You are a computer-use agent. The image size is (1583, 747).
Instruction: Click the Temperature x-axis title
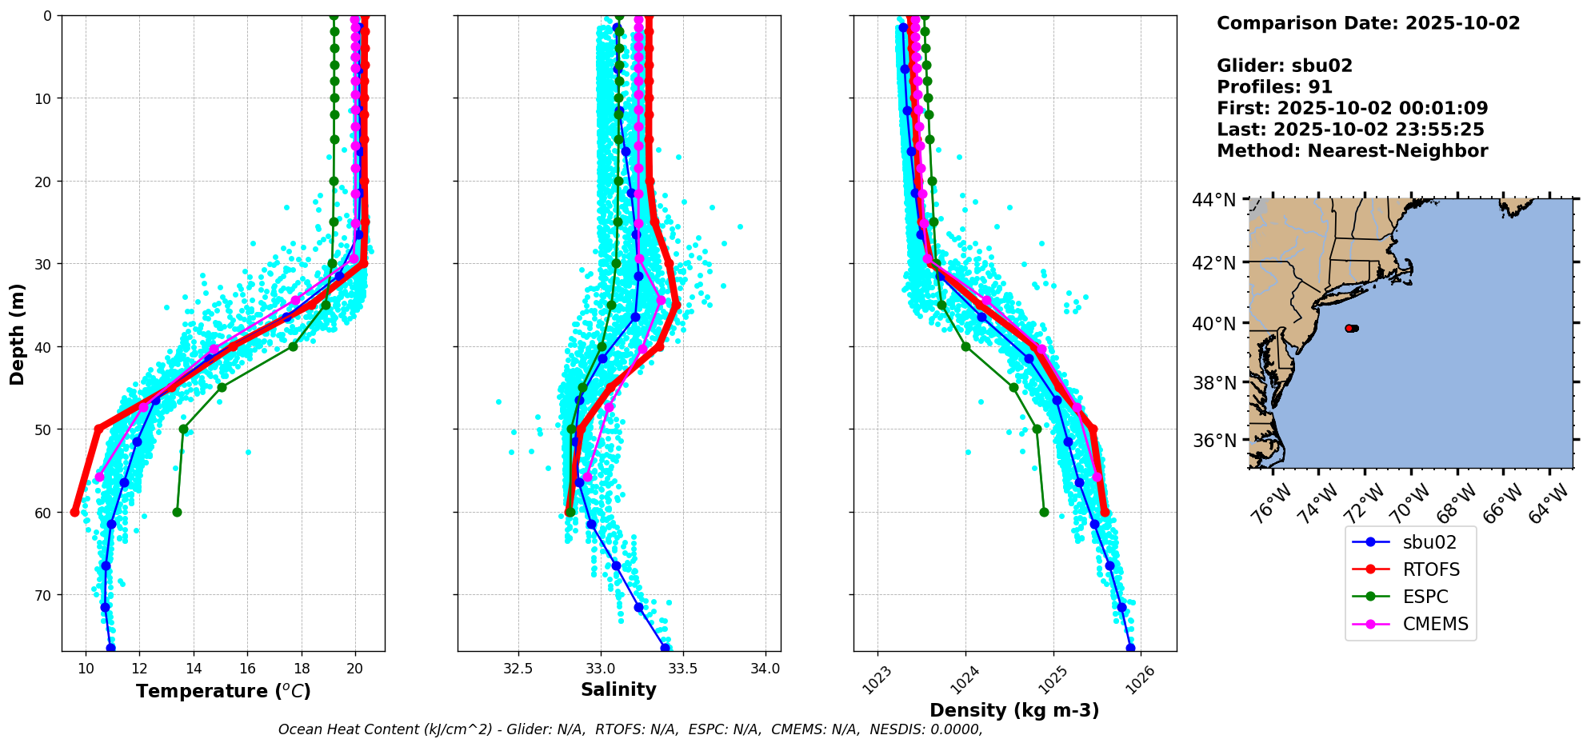tap(223, 691)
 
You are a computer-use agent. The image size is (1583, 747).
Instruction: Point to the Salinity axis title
tap(618, 690)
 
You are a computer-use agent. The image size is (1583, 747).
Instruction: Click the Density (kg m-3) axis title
tap(1014, 710)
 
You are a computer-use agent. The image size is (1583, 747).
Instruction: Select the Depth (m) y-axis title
tap(17, 334)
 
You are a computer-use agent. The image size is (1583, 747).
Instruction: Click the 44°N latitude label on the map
tap(1213, 200)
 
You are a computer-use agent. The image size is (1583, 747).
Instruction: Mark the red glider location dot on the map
tap(1349, 328)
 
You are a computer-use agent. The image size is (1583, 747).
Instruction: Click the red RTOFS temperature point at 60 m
tap(75, 512)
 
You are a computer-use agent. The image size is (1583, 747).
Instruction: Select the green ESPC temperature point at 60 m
tap(177, 512)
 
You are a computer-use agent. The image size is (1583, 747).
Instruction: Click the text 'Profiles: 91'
tap(1274, 87)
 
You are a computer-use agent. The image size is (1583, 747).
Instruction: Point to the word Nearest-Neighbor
tap(1397, 151)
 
